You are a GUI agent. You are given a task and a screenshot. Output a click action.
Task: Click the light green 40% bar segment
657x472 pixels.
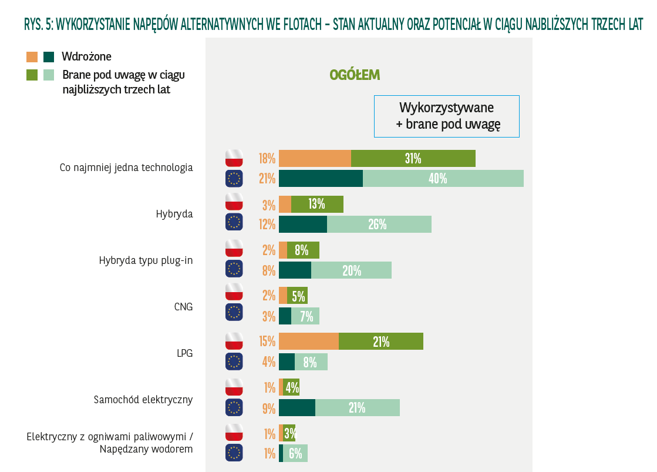pos(443,178)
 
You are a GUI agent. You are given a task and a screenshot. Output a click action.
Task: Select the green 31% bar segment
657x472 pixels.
pos(413,158)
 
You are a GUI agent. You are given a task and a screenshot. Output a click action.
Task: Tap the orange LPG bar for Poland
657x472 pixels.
pos(309,342)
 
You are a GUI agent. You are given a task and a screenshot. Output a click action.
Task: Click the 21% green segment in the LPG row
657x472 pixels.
pos(381,342)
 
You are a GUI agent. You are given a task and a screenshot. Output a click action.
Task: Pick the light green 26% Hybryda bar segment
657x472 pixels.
pos(379,224)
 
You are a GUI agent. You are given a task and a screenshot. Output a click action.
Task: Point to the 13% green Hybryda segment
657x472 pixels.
pos(317,204)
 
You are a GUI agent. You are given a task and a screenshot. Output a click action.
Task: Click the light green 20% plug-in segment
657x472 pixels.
pos(351,270)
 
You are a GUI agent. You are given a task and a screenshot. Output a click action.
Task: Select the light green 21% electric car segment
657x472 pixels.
pos(357,407)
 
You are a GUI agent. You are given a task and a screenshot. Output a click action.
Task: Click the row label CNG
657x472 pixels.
pos(183,307)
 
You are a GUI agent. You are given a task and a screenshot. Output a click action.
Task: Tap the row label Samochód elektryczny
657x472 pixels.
pos(143,400)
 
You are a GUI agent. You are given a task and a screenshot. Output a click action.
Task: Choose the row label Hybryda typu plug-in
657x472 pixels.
pos(146,261)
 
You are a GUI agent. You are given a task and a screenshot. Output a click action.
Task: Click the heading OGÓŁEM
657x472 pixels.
pos(355,75)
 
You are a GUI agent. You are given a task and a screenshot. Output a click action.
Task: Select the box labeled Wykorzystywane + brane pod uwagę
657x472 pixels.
pos(447,116)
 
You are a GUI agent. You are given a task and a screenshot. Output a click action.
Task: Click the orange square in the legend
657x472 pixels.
pos(32,57)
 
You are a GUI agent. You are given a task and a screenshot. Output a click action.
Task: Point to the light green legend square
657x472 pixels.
pos(49,75)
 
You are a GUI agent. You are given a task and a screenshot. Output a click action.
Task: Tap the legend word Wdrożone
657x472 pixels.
pos(86,56)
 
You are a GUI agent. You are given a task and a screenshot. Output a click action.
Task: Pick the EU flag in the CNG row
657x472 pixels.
pos(234,312)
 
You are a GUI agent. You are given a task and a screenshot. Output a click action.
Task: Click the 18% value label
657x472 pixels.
pos(267,159)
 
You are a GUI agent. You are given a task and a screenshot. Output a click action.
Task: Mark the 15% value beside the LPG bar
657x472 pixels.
pos(267,342)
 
